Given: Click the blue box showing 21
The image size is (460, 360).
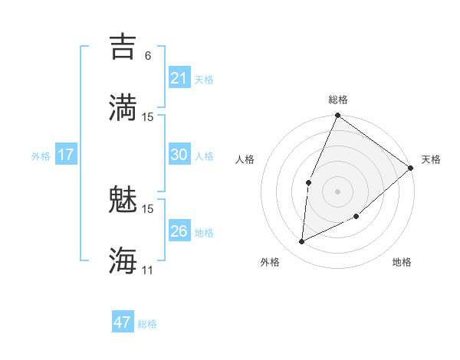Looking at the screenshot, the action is (x=179, y=78).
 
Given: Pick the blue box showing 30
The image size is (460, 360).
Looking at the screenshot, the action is (x=179, y=155).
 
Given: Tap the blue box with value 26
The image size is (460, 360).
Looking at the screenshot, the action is (x=179, y=231).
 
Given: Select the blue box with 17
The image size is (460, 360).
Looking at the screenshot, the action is (x=66, y=155).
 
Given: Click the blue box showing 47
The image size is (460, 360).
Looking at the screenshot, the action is (x=123, y=322).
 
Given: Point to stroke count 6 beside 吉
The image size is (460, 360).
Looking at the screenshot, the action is (x=148, y=56).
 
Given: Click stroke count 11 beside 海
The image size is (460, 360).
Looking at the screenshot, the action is (x=148, y=270).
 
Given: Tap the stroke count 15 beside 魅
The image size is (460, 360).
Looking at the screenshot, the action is (x=148, y=208).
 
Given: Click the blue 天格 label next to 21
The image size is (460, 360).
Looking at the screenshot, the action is (x=204, y=80).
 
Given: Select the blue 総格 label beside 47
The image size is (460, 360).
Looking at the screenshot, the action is (x=147, y=324).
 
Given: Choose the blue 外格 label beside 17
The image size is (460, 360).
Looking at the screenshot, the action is (x=41, y=156).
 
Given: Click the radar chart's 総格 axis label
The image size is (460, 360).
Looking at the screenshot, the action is (x=337, y=100).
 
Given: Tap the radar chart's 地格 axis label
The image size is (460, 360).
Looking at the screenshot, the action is (x=402, y=262).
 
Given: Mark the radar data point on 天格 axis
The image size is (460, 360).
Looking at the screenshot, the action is (x=411, y=169).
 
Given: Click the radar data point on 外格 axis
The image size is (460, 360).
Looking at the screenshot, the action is (x=302, y=242).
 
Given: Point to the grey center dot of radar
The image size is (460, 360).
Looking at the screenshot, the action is (x=337, y=191).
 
